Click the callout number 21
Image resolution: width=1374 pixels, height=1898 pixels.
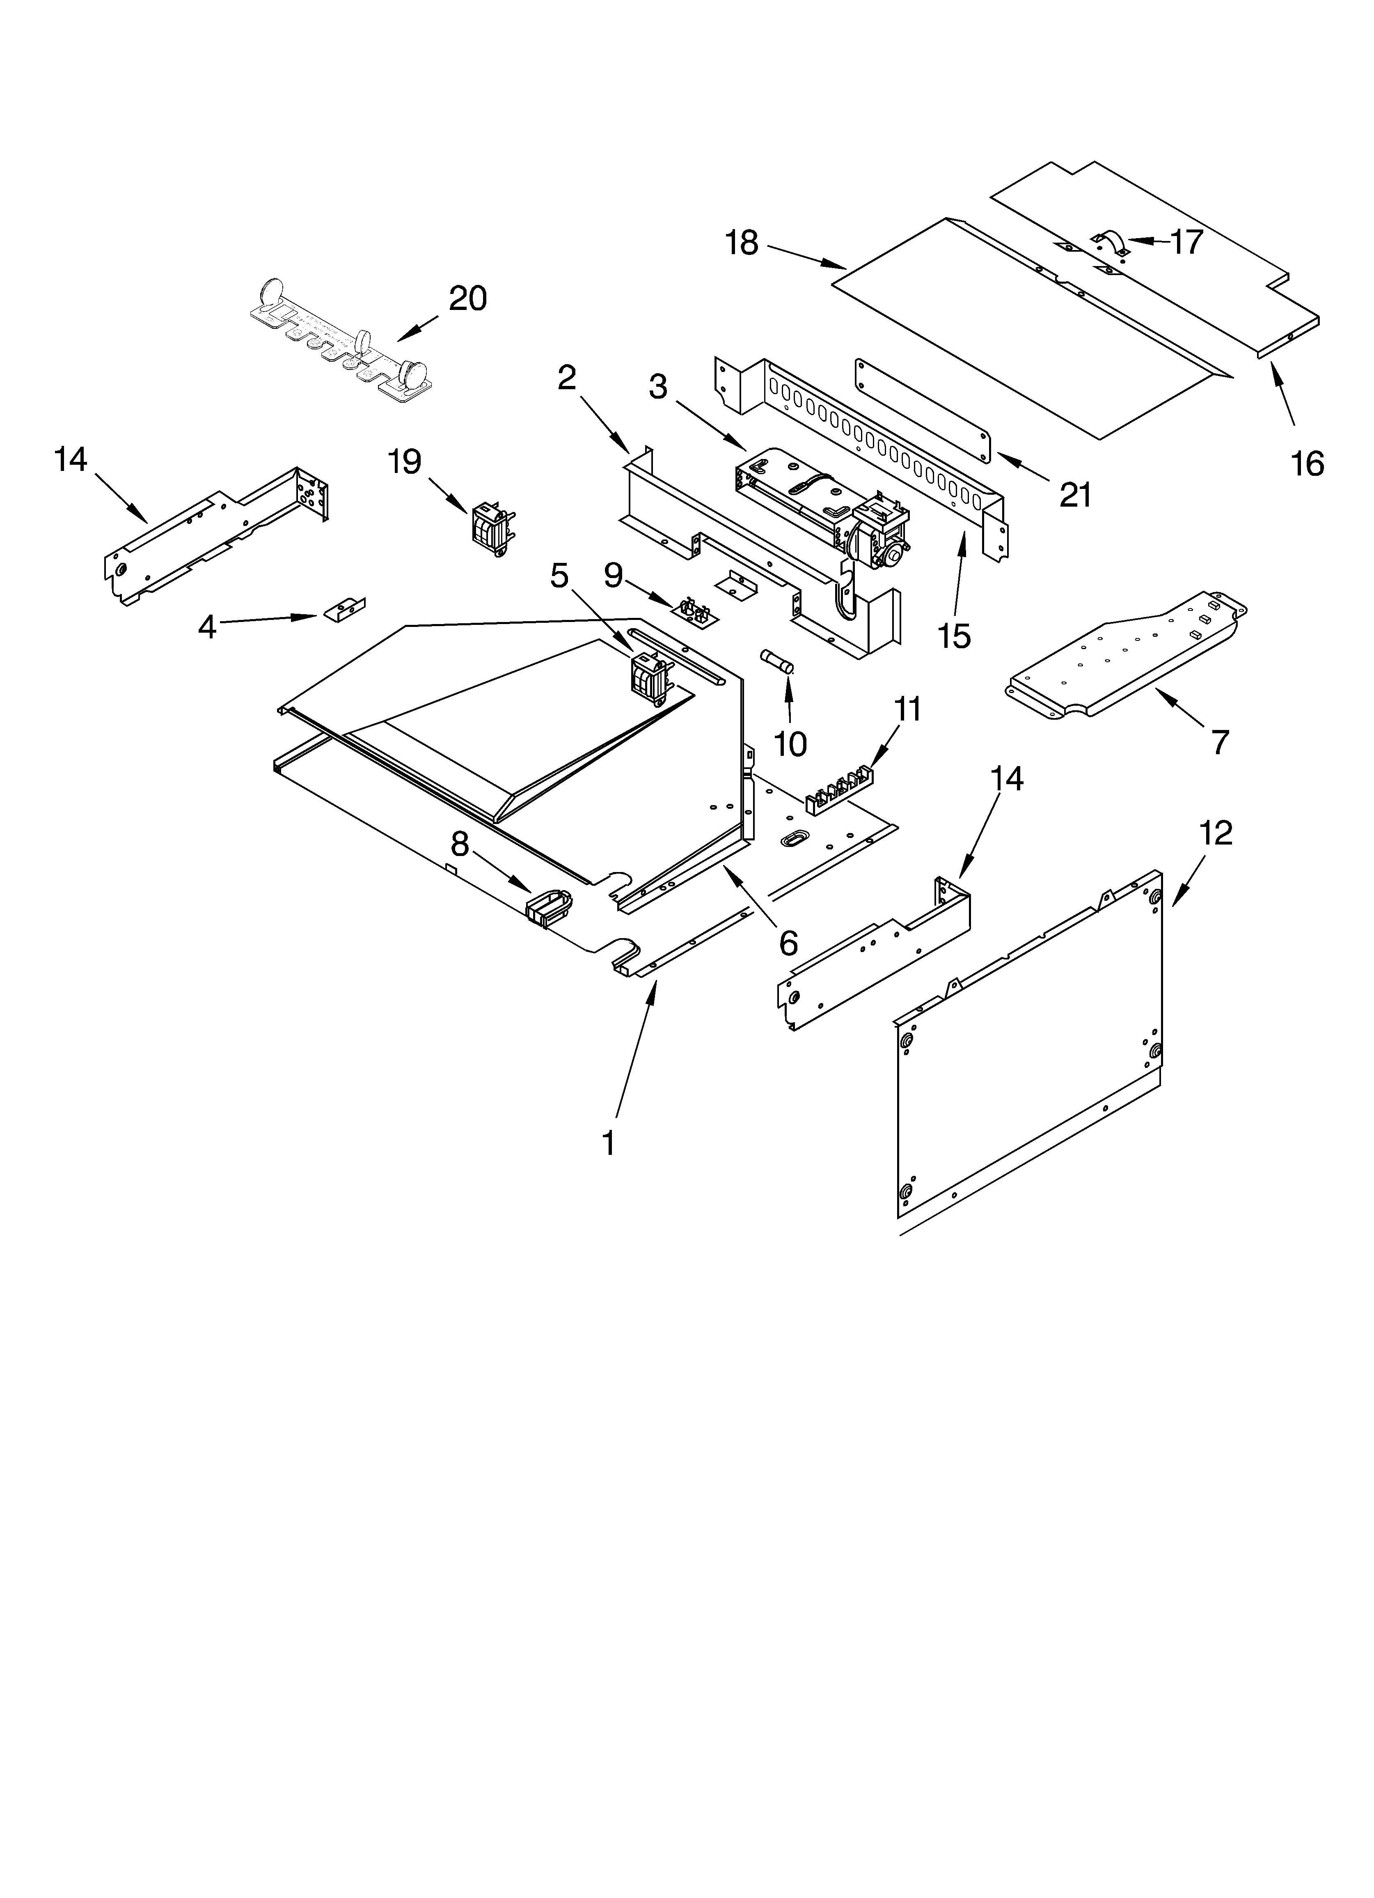[1075, 496]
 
